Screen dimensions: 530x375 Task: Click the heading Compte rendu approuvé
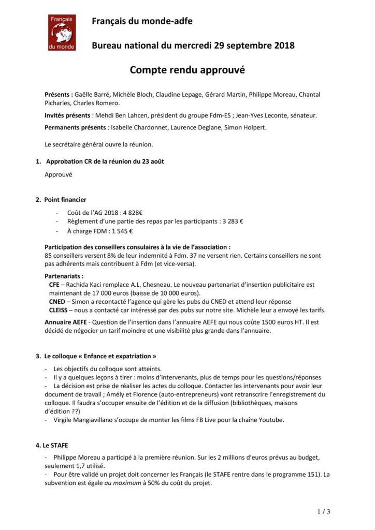click(186, 70)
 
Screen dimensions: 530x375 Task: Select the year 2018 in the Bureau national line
click(283, 46)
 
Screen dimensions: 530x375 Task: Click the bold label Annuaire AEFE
click(67, 322)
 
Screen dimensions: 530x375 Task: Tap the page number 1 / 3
click(323, 512)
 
